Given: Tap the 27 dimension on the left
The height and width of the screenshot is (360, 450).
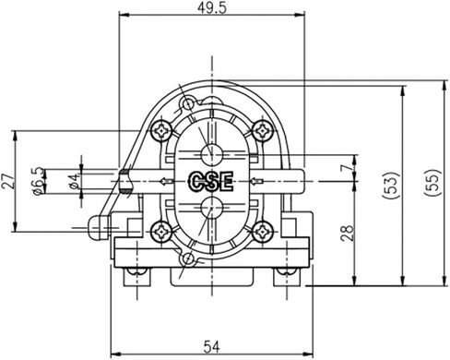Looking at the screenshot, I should click(x=8, y=180).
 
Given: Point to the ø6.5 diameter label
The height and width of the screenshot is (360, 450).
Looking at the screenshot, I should click(x=38, y=181).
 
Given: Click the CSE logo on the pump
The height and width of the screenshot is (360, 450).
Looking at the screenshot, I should click(x=210, y=181).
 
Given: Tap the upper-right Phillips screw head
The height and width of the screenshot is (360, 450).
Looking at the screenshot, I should click(x=261, y=129).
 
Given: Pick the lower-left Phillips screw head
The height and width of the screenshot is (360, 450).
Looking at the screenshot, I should click(x=164, y=233).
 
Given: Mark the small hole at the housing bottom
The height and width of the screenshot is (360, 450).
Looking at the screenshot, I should click(x=189, y=259).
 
